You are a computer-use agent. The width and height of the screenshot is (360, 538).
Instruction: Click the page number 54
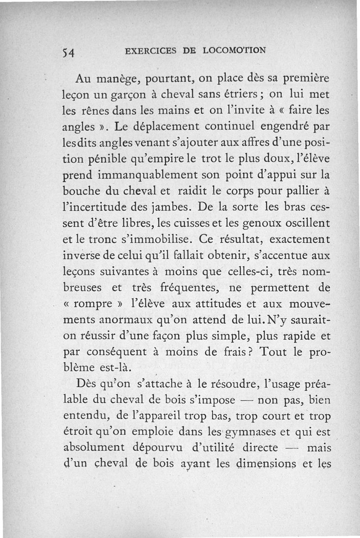click(x=68, y=52)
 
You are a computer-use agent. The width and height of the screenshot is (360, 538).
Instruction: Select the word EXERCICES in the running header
click(x=151, y=50)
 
